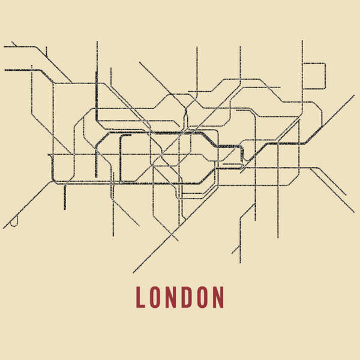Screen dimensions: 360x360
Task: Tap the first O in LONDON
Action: pos(155,297)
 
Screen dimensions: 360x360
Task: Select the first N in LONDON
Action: pos(172,297)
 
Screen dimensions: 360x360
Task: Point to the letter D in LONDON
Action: pos(187,297)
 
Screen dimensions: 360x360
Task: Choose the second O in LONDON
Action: pos(203,297)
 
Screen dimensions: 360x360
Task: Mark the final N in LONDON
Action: pos(219,297)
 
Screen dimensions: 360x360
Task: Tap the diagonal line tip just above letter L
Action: pos(134,272)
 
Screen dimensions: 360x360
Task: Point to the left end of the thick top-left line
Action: pos(5,70)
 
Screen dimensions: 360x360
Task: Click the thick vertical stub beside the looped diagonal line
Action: pos(65,198)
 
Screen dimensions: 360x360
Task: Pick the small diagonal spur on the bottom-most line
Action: pos(235,250)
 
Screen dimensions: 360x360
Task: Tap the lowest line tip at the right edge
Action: pos(353,211)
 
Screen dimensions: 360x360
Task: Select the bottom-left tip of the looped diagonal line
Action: pos(4,228)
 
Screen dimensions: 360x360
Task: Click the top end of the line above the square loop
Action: pos(302,41)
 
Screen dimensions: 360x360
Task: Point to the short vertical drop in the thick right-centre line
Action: pos(242,154)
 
